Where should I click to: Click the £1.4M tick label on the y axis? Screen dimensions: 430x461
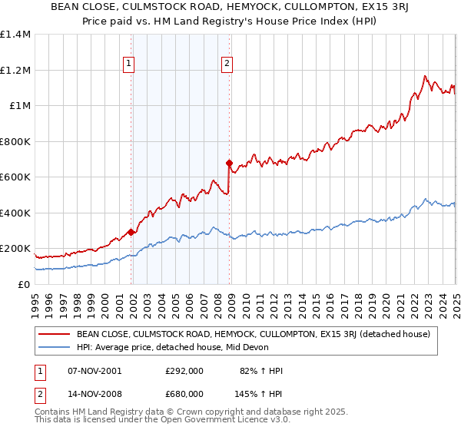coord(15,35)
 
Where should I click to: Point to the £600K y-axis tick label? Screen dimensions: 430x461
coord(15,177)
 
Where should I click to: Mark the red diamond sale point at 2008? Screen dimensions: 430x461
coord(229,163)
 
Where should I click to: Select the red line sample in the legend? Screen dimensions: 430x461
coord(55,334)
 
